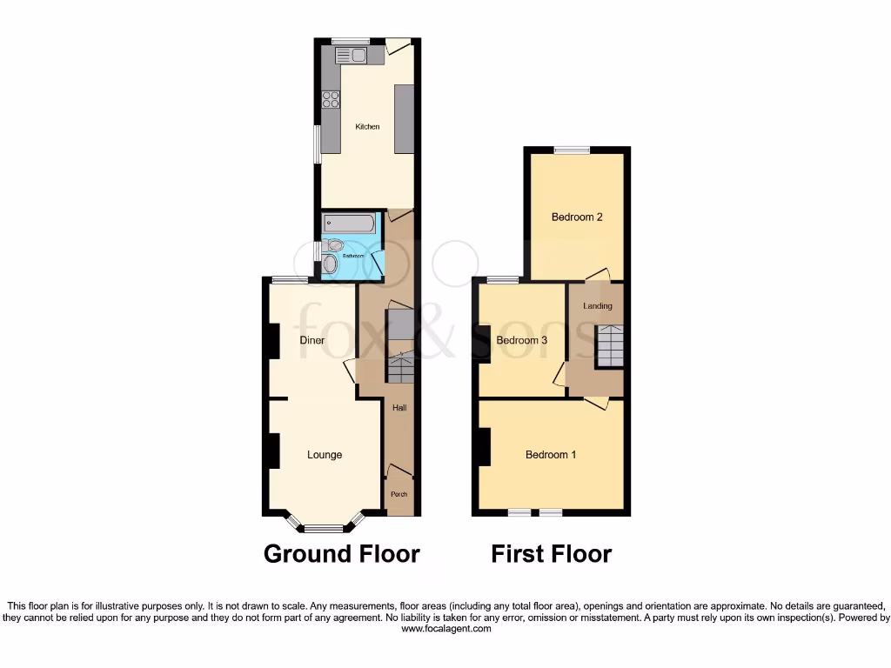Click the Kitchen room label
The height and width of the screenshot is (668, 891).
coord(367,127)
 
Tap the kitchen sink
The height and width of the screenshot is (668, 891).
coord(352,56)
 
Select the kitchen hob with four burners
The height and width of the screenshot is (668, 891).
coord(331,99)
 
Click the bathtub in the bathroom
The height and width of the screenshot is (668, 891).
coord(349,224)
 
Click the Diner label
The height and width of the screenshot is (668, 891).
coord(312,340)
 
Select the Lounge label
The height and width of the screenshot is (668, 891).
coord(325,455)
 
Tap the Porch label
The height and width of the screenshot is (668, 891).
coord(399,495)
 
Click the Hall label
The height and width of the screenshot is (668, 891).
coord(399,408)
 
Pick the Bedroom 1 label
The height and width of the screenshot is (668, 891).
coord(551,455)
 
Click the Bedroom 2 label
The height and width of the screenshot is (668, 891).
coord(577,217)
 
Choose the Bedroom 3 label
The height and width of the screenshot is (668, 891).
coord(521,341)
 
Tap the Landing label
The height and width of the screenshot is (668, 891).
coord(597,306)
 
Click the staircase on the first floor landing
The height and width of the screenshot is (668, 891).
coord(610,346)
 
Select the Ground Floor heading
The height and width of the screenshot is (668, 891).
coord(341,554)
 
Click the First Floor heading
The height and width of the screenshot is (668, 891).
coord(551,554)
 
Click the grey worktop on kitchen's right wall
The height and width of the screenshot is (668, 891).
coord(404,119)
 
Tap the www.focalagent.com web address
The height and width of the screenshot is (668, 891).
coord(445,629)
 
